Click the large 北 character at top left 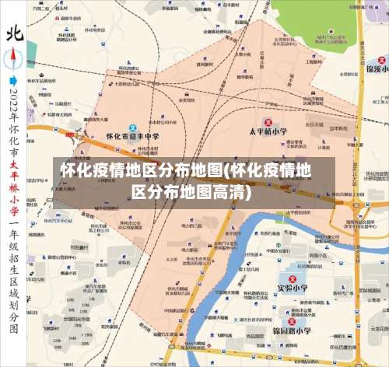[14, 32]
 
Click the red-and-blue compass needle [14, 58]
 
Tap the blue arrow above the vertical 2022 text [13, 79]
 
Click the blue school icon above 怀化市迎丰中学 [132, 127]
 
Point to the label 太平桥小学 [268, 132]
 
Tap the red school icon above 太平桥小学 [268, 122]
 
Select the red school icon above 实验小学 [293, 276]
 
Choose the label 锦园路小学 [294, 330]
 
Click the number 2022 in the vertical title [13, 101]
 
